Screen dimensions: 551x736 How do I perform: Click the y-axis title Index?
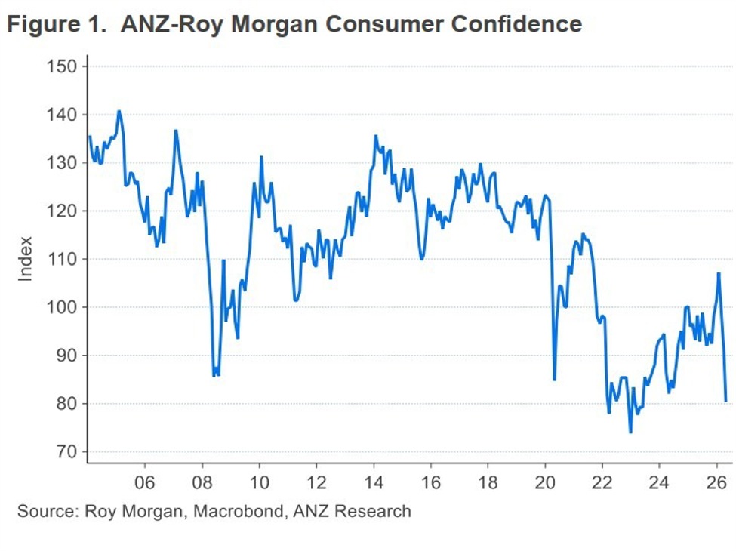(26, 259)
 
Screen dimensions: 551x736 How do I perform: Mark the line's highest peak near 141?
(119, 111)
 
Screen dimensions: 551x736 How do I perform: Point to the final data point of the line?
(725, 401)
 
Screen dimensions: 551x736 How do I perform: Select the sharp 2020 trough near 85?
(554, 380)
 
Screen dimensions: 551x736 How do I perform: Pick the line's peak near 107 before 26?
(719, 273)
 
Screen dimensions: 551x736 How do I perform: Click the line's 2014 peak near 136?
(375, 136)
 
